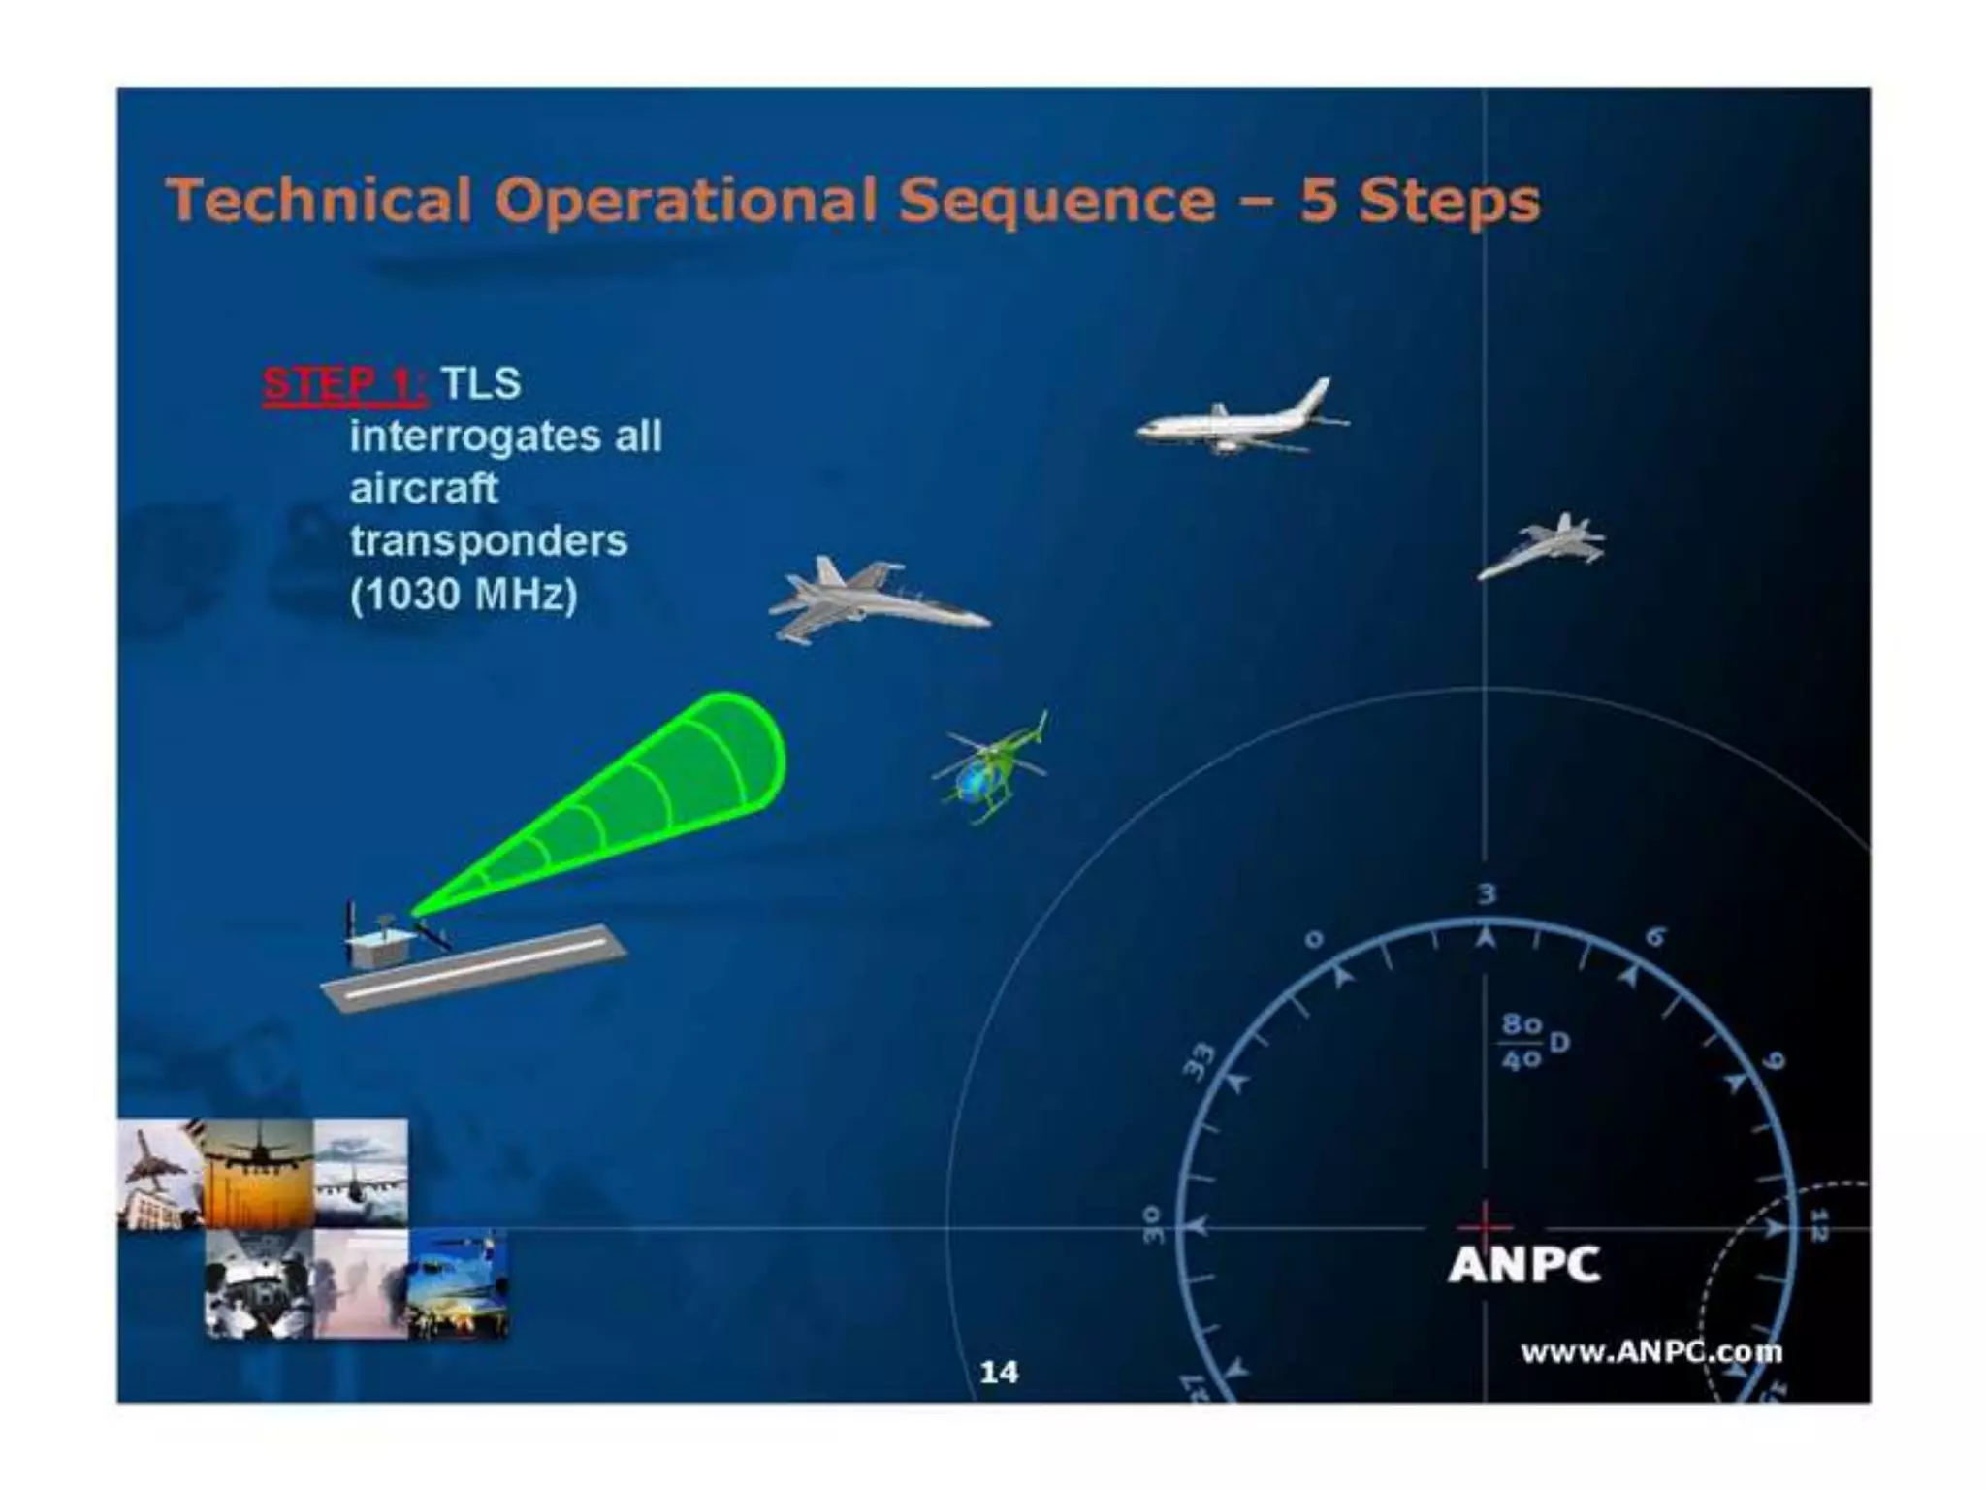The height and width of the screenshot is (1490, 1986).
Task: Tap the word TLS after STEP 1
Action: click(x=481, y=383)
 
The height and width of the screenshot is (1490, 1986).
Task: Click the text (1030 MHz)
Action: click(x=464, y=594)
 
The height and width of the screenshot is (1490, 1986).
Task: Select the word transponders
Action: click(x=489, y=540)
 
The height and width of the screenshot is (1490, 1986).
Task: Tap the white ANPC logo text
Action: click(x=1524, y=1264)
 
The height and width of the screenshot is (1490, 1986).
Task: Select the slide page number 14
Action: click(x=999, y=1372)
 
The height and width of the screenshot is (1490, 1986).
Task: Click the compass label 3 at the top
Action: click(x=1487, y=893)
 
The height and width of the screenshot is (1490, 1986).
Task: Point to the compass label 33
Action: click(x=1200, y=1061)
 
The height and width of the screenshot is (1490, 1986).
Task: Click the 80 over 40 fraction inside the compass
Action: click(x=1522, y=1042)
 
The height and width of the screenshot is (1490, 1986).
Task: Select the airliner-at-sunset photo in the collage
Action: click(x=258, y=1174)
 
